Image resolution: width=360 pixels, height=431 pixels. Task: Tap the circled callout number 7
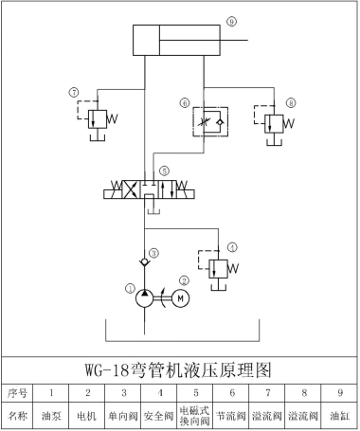click(73, 92)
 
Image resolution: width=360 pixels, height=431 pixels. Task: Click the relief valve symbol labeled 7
click(96, 120)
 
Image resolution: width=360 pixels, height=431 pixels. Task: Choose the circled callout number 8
click(290, 100)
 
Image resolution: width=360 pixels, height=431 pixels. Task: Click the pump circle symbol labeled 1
click(143, 297)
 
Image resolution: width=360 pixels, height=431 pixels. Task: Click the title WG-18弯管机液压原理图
click(179, 368)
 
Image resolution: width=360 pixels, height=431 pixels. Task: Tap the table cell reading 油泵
click(51, 415)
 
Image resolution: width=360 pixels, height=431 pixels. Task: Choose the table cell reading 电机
click(87, 415)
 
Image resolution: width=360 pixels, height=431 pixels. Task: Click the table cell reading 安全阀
click(159, 415)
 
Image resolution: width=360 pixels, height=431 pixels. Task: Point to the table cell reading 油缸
click(339, 415)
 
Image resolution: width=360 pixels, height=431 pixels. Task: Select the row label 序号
click(18, 391)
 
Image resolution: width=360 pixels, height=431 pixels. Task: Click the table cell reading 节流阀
click(232, 415)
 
